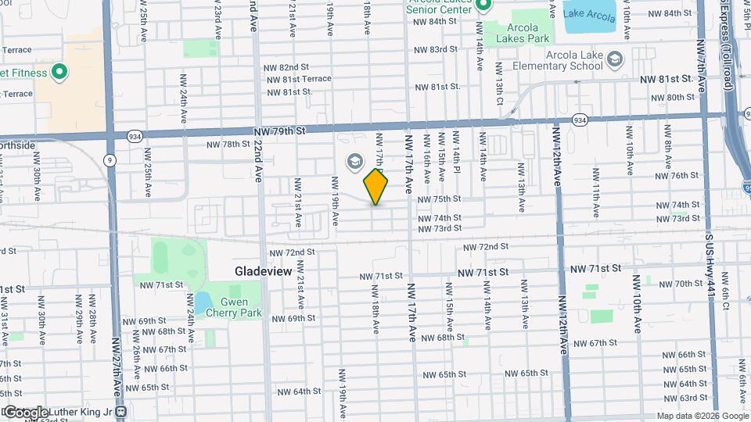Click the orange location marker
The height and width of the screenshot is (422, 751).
click(x=376, y=187)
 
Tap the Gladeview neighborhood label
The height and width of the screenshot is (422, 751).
click(x=264, y=271)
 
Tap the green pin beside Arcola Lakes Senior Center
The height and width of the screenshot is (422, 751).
click(x=483, y=6)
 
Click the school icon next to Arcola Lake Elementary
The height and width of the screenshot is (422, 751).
click(x=615, y=59)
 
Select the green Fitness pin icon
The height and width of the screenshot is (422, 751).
click(x=59, y=73)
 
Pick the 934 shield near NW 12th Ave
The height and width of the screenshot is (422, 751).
click(x=579, y=120)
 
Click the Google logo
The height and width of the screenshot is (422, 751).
click(x=25, y=412)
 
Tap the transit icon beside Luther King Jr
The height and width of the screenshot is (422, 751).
click(x=120, y=411)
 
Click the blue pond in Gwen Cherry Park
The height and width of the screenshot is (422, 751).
click(x=202, y=302)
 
